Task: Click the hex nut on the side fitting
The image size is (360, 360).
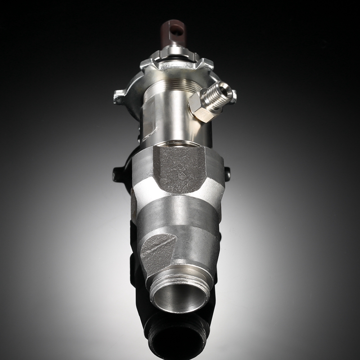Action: click(x=200, y=108)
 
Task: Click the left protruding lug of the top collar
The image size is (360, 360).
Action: click(x=120, y=96)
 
